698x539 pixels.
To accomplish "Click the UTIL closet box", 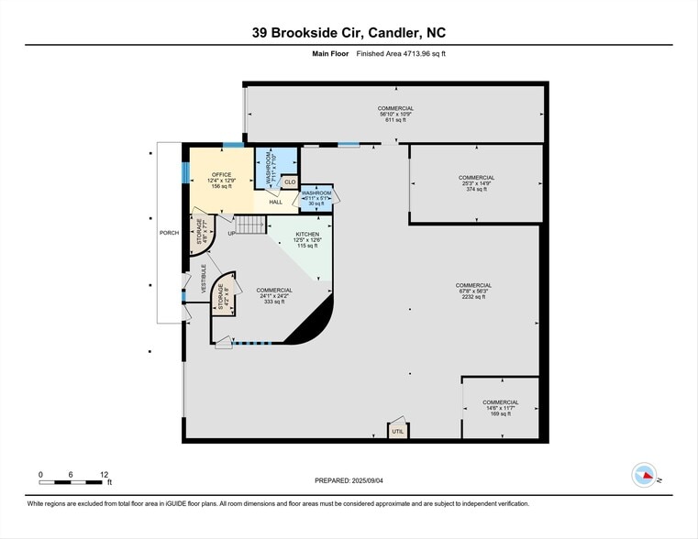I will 398,430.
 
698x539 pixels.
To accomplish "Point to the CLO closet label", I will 290,182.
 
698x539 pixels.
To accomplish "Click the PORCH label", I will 169,233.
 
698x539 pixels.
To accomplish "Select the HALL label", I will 275,202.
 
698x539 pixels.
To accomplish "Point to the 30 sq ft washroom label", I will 316,198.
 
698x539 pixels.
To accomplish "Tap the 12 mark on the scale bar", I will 104,474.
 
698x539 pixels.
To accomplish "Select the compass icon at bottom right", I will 645,475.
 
